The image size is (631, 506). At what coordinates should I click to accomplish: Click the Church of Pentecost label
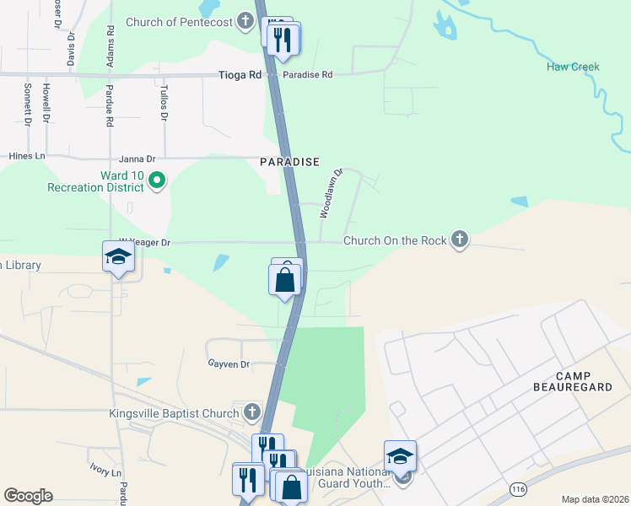(x=179, y=22)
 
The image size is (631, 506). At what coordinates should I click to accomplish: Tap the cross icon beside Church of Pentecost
(x=245, y=22)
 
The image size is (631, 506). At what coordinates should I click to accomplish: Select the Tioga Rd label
(x=242, y=75)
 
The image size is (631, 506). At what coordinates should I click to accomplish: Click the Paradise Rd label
(x=308, y=75)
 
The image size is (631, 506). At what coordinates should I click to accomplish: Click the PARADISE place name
(x=289, y=161)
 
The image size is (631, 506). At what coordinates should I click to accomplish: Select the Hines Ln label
(x=26, y=157)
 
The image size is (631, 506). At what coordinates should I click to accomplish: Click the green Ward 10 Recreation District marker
(x=156, y=179)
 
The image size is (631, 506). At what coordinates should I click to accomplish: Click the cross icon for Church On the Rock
(x=459, y=240)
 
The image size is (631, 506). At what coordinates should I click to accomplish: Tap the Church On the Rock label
(x=394, y=241)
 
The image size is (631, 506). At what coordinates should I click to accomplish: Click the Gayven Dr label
(x=229, y=364)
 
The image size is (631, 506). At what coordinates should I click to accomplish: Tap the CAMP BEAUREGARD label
(x=585, y=381)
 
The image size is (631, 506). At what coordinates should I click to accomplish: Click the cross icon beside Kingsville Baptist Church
(x=251, y=412)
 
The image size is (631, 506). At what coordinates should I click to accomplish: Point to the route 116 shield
(x=518, y=488)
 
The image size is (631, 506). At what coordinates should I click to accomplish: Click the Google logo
(x=28, y=496)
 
